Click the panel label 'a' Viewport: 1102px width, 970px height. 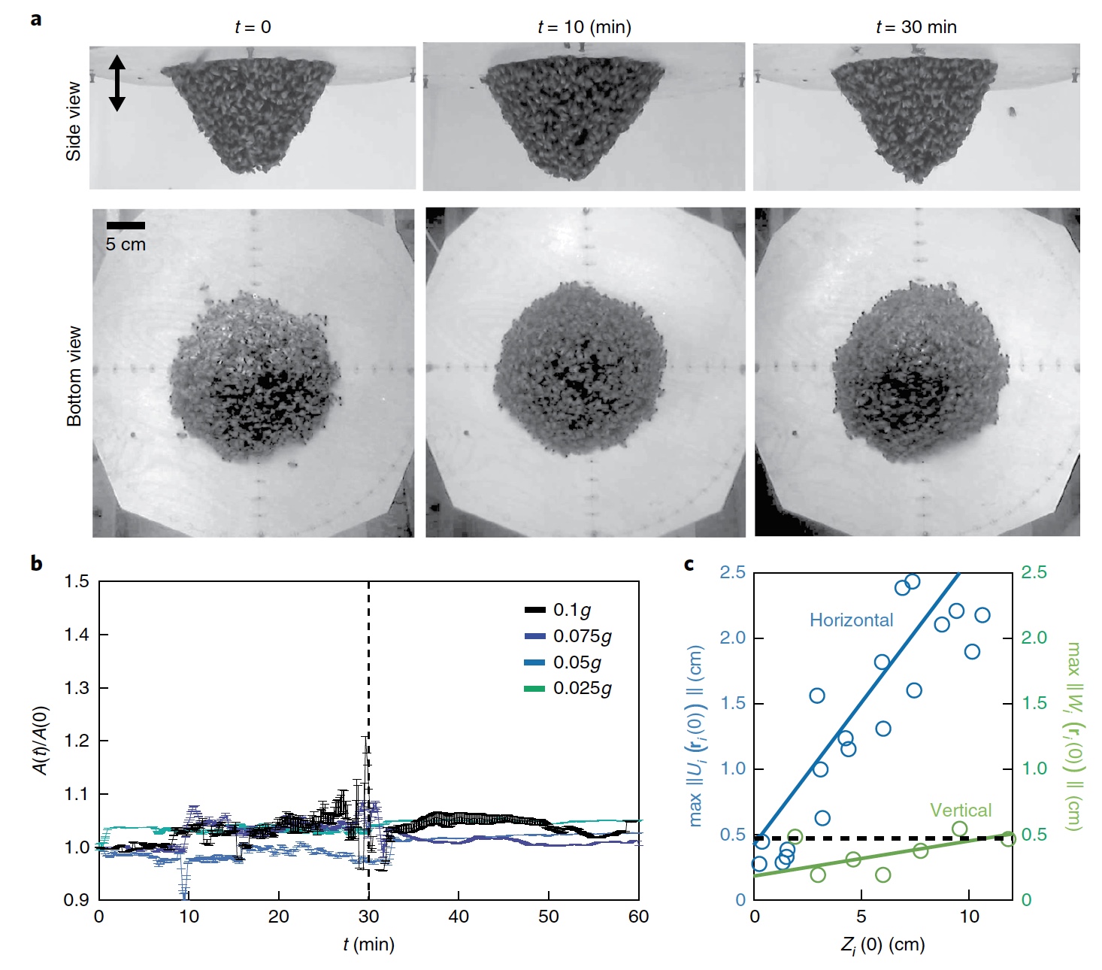(x=36, y=20)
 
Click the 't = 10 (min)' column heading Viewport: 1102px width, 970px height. (x=584, y=27)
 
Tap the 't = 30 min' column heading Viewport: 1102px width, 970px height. (x=916, y=27)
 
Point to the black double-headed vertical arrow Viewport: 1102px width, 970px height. (x=117, y=83)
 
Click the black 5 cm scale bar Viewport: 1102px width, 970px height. (x=126, y=225)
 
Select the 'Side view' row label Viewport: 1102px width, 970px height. (x=74, y=121)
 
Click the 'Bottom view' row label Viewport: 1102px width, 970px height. (x=74, y=376)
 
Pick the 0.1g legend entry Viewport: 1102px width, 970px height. (x=568, y=610)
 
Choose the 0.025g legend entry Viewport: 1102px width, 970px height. (x=568, y=688)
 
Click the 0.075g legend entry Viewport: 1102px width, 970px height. (x=568, y=636)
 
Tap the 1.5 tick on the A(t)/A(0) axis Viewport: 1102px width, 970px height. (x=77, y=581)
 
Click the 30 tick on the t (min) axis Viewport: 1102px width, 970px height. (x=368, y=917)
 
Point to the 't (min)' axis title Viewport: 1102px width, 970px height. (x=368, y=944)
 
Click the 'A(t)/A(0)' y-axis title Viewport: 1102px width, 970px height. (x=41, y=740)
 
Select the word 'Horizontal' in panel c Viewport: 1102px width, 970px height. (x=851, y=620)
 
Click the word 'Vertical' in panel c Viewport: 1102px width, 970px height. (x=960, y=810)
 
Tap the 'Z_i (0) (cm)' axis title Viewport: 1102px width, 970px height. (x=883, y=945)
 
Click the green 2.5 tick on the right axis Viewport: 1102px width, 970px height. (x=1034, y=573)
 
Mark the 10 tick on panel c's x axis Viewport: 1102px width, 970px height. (x=969, y=917)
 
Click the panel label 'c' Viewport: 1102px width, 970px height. (x=689, y=564)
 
